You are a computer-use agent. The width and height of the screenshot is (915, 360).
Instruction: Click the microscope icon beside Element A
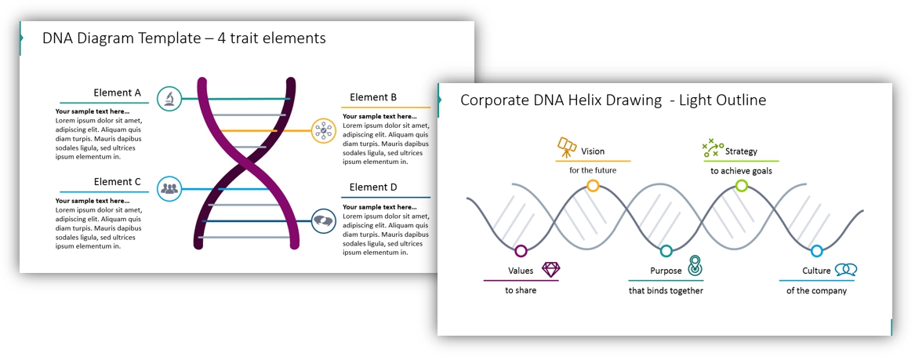point(169,98)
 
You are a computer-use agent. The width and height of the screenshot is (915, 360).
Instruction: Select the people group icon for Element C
point(169,188)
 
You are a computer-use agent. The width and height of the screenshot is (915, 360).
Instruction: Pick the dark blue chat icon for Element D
point(323,220)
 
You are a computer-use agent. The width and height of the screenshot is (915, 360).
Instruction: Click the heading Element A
point(118,93)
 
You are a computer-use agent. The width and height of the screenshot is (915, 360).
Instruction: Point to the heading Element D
point(373,187)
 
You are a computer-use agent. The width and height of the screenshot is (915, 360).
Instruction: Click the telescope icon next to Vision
point(567,147)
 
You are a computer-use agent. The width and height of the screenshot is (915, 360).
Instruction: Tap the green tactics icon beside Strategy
point(713,148)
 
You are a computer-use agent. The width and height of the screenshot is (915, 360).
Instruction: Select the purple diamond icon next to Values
point(551,269)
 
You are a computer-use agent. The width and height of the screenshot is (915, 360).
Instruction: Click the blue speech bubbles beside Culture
point(845,269)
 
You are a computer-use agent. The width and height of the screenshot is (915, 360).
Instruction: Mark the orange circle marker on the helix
point(593,186)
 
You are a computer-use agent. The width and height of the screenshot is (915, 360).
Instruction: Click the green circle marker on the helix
point(742,186)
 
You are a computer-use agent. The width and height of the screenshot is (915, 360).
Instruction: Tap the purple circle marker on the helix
point(521,251)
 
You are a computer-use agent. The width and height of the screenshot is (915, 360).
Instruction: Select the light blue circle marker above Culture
point(817,251)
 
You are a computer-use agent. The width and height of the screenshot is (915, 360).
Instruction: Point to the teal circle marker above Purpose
point(666,251)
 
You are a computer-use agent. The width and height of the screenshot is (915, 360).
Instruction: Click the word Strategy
point(741,151)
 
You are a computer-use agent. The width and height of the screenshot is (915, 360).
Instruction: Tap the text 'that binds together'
point(666,290)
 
